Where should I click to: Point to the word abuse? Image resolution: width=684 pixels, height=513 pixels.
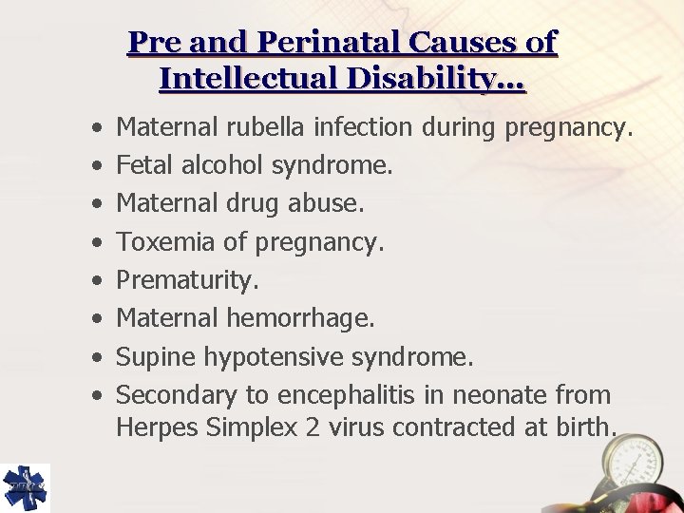pos(330,203)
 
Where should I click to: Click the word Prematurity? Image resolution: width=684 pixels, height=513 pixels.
pos(187,281)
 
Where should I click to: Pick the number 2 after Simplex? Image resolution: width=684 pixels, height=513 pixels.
pos(312,427)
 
